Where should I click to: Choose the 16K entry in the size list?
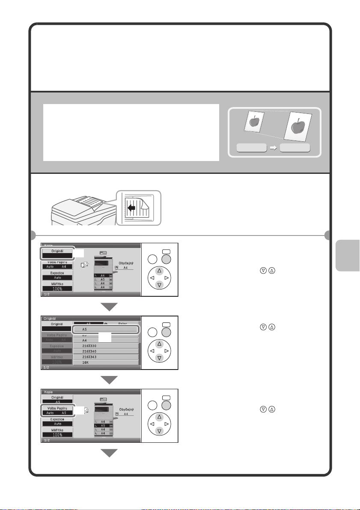pyautogui.click(x=105, y=362)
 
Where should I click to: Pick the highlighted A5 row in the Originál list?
pyautogui.click(x=105, y=330)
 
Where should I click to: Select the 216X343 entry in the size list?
pyautogui.click(x=105, y=356)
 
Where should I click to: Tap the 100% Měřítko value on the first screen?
pyautogui.click(x=57, y=289)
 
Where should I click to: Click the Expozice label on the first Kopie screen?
pyautogui.click(x=57, y=273)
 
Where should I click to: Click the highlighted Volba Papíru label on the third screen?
pyautogui.click(x=57, y=408)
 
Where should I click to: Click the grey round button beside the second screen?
pyautogui.click(x=166, y=332)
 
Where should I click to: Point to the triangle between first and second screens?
pyautogui.click(x=109, y=307)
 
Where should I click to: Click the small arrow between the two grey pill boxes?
pyautogui.click(x=271, y=148)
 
